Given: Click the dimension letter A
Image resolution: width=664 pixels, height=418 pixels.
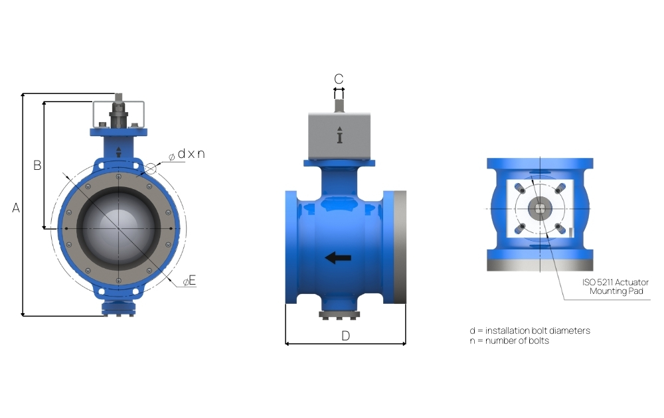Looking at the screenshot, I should [x=16, y=208].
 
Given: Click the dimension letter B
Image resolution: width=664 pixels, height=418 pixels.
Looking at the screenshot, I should [x=38, y=165].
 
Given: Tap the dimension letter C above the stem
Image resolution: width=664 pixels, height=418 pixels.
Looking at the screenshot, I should [x=339, y=79].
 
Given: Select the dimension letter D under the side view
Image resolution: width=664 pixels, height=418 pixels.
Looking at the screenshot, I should [x=345, y=335].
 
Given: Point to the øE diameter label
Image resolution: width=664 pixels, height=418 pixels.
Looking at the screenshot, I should [x=190, y=281].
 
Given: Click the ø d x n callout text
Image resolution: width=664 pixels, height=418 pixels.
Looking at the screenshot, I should [x=187, y=155].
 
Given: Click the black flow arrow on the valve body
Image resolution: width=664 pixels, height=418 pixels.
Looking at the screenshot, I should [x=339, y=258].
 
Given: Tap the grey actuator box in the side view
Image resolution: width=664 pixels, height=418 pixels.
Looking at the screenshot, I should [x=339, y=136].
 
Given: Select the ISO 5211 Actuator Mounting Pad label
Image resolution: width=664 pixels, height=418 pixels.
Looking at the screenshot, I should [x=615, y=287].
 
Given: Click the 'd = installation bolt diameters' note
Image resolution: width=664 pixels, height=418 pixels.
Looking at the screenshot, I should [x=529, y=330].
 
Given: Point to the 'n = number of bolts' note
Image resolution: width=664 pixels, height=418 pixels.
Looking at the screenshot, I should [x=509, y=340].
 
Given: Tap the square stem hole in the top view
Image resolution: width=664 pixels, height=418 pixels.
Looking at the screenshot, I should [x=540, y=209].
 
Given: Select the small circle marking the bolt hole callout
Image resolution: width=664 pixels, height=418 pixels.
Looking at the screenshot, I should [x=151, y=169].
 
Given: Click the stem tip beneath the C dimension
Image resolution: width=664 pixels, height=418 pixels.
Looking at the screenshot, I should [x=339, y=103].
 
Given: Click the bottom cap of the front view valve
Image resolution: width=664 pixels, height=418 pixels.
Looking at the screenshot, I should [x=119, y=309].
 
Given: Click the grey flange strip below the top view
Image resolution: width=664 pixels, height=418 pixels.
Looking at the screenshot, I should [x=540, y=265].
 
